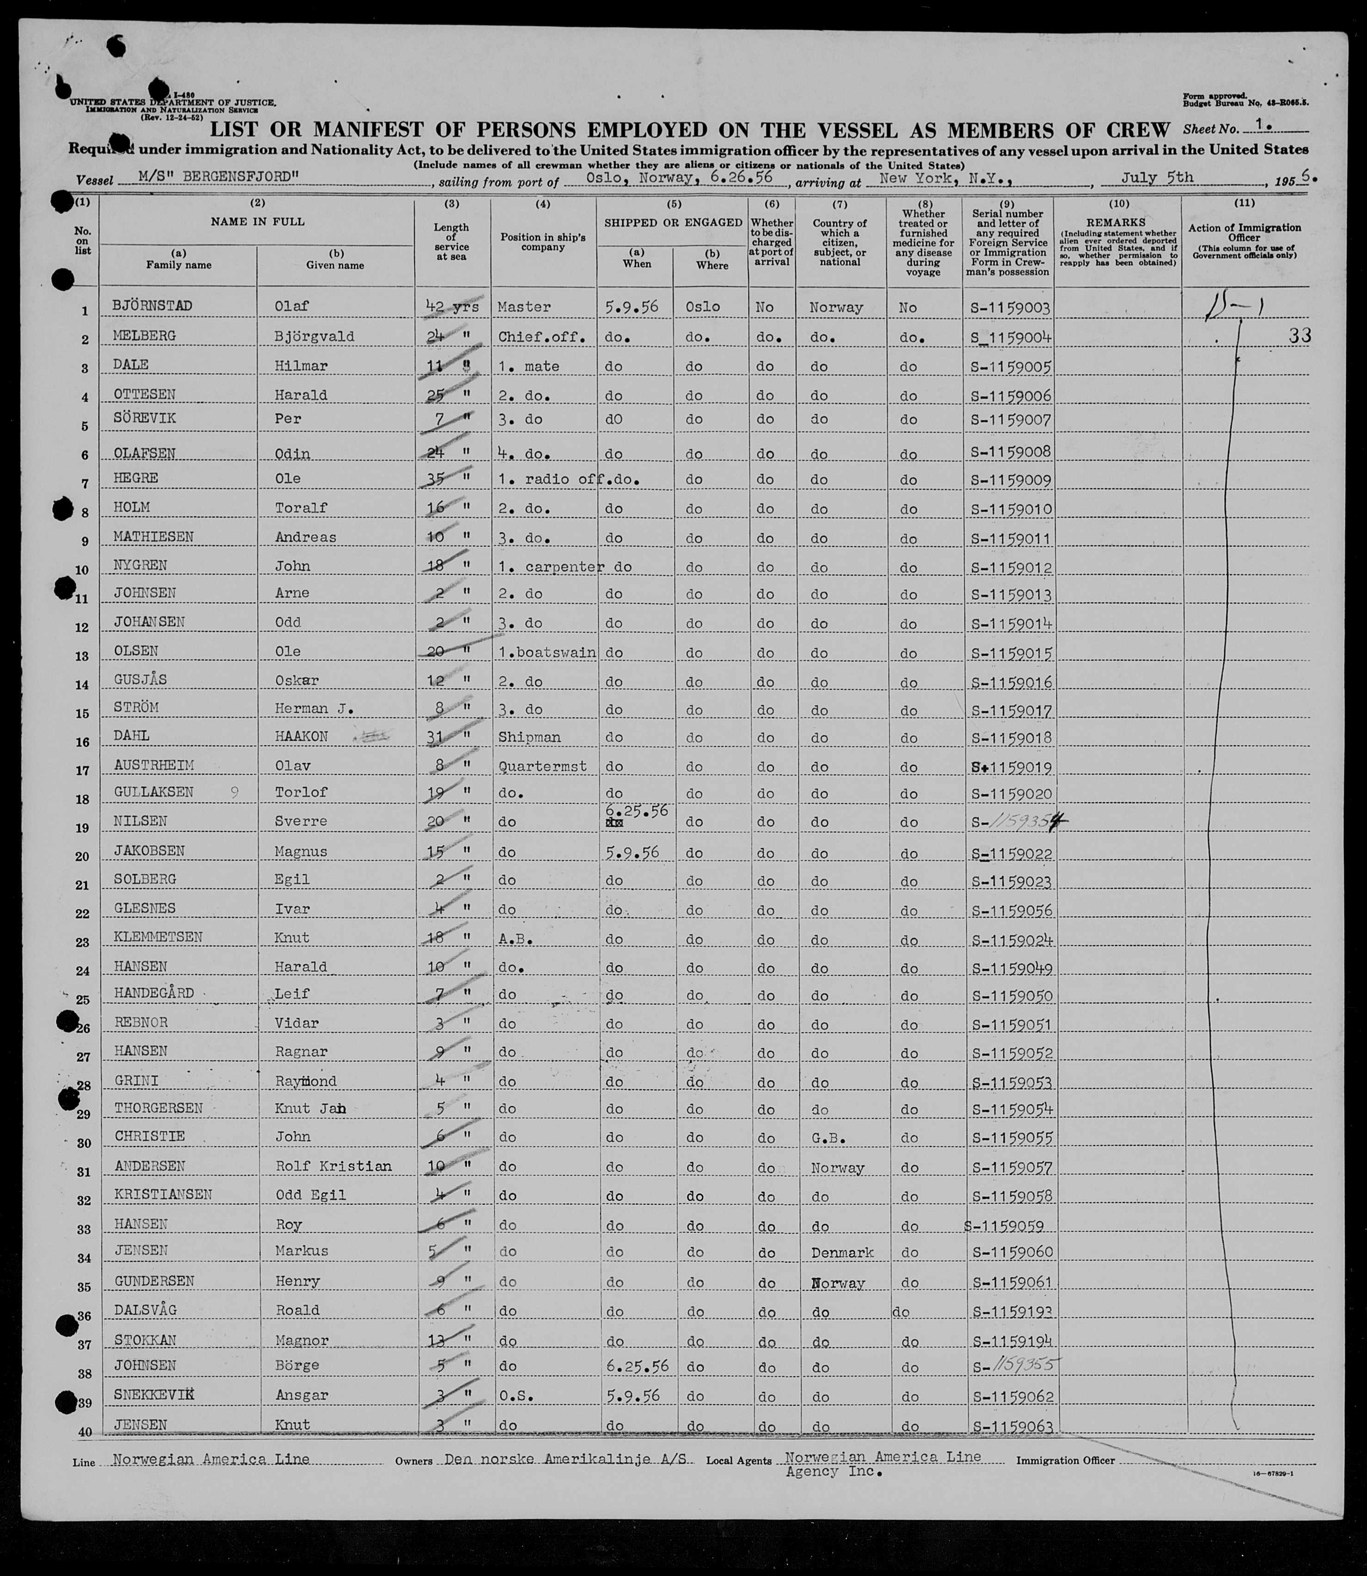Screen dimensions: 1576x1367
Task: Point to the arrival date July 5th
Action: pyautogui.click(x=1157, y=178)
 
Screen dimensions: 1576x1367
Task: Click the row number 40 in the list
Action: pyautogui.click(x=84, y=1432)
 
